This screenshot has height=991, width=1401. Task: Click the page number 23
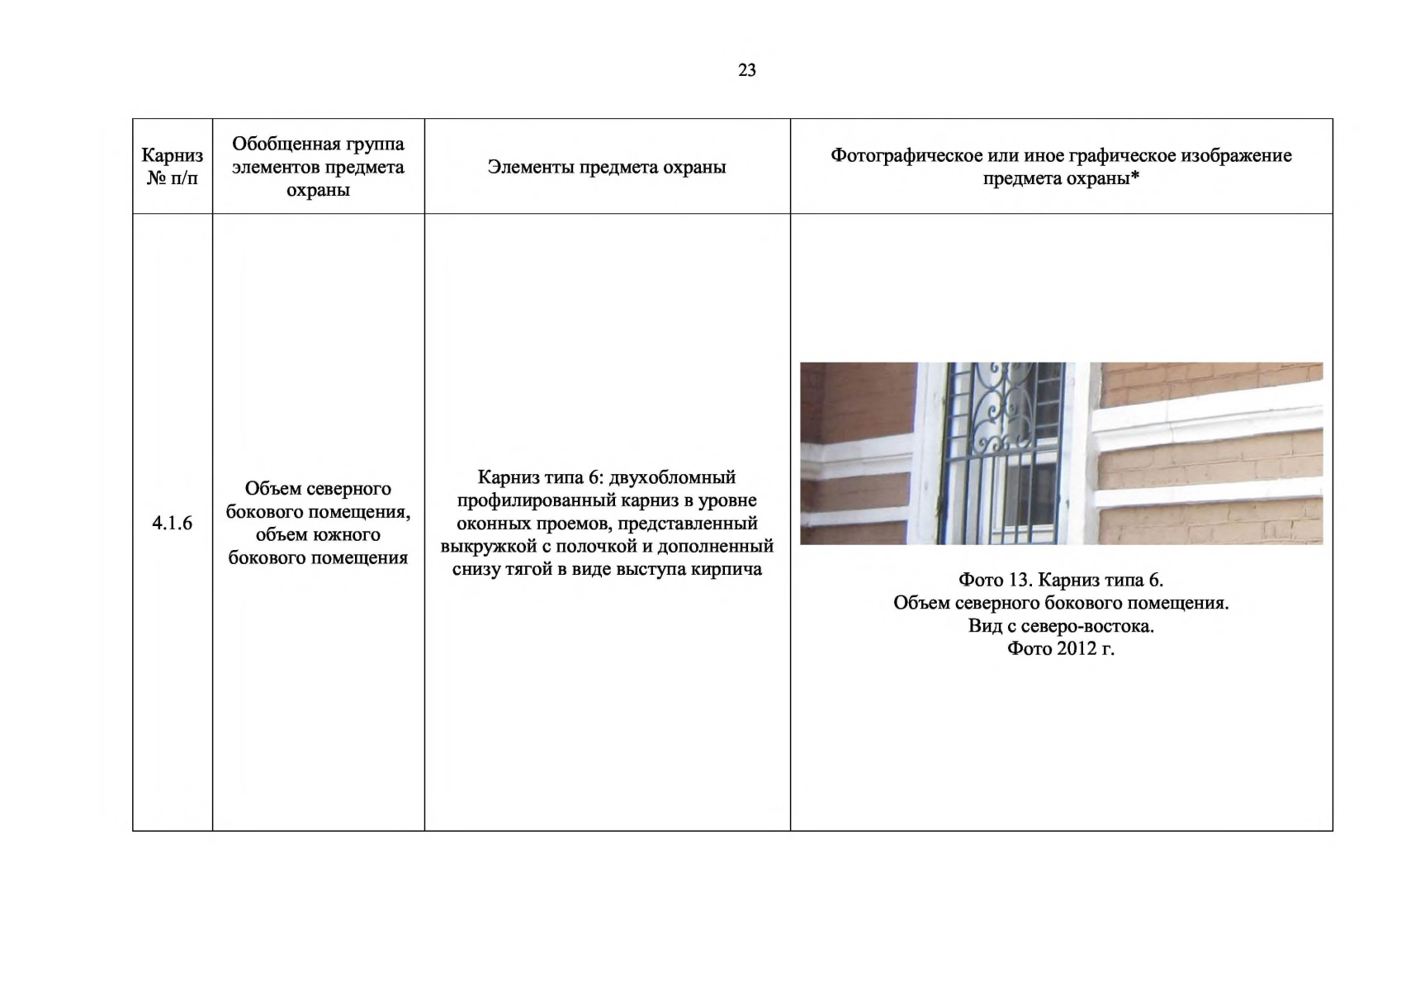[747, 70]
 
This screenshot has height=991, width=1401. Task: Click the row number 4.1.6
[172, 523]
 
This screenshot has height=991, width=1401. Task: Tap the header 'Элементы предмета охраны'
[607, 167]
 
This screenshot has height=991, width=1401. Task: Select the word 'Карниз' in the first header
[172, 155]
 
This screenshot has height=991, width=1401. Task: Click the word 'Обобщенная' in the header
[279, 144]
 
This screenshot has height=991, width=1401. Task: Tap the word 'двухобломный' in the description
[672, 477]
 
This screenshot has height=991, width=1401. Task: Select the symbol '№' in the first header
[156, 178]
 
